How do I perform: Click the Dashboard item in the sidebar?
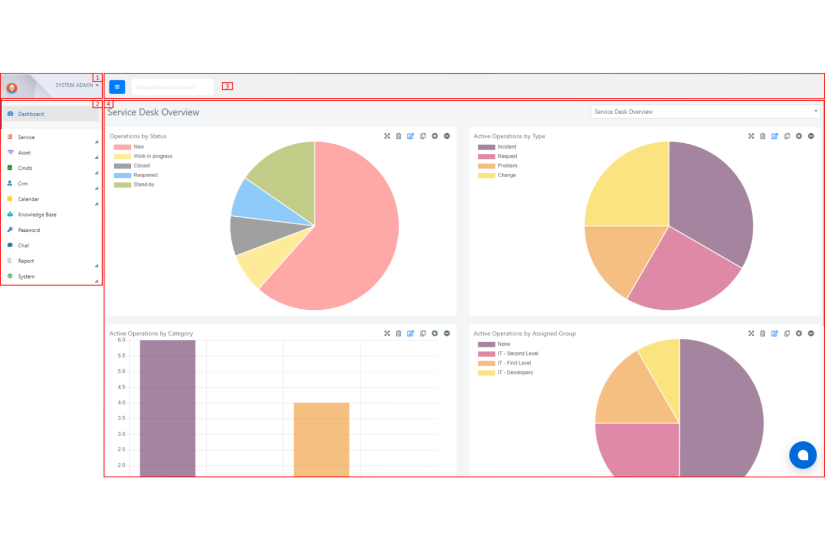pos(31,114)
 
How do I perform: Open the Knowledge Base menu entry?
pos(37,215)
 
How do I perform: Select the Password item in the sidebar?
pos(28,230)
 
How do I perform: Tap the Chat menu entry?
pos(23,246)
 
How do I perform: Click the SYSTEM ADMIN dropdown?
pos(77,85)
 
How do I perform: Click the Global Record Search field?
pos(172,87)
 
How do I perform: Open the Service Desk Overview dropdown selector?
pos(705,111)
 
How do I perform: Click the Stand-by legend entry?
pos(143,184)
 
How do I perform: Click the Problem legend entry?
pos(507,166)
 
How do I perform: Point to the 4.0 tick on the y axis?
pos(122,402)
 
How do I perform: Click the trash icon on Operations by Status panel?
pos(399,136)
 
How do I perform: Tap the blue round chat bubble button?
pos(803,455)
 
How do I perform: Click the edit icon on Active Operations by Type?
pos(774,136)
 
